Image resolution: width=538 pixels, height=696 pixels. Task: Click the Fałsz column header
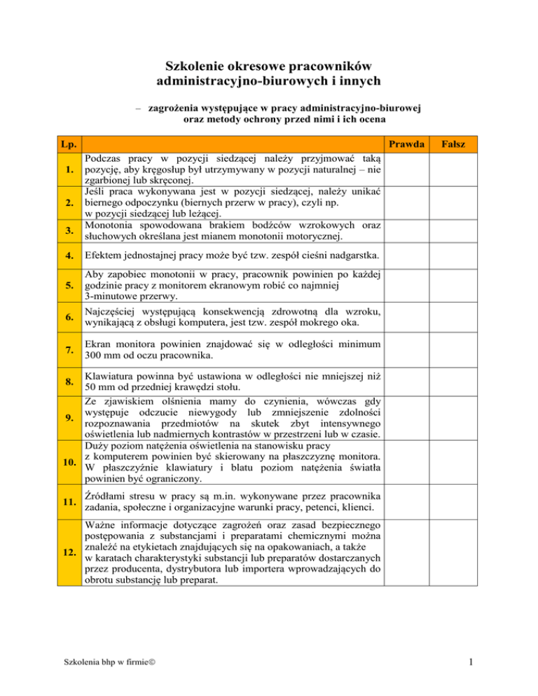(x=460, y=144)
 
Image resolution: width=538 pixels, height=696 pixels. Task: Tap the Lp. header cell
(x=68, y=144)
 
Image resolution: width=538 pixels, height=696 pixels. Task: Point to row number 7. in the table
(x=68, y=349)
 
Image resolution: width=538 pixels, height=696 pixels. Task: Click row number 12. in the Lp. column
(x=68, y=552)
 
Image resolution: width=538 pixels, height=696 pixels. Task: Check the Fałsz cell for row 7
(x=460, y=349)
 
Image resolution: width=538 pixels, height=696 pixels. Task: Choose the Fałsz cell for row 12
(x=460, y=552)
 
